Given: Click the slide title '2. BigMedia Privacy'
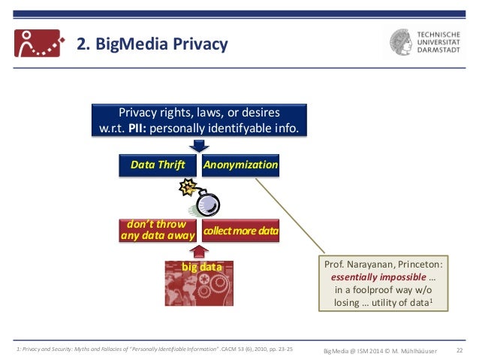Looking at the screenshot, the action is click(x=153, y=44).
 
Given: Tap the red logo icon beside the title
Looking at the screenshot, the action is click(x=37, y=43).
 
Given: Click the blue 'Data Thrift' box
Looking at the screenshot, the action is click(x=158, y=165).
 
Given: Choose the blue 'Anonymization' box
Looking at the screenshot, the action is click(x=240, y=165).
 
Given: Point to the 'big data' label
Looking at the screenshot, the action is click(x=199, y=267).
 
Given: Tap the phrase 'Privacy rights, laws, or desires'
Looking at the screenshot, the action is click(x=199, y=113).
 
